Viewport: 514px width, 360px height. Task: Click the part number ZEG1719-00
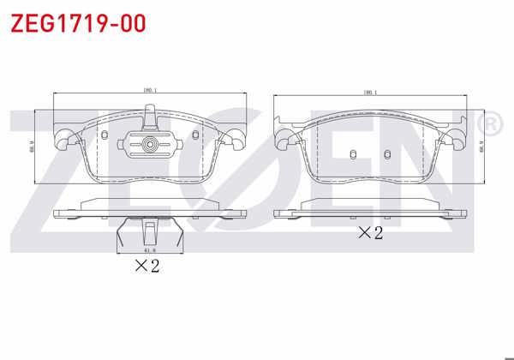pyautogui.click(x=78, y=23)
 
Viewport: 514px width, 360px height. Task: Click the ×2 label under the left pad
pyautogui.click(x=147, y=266)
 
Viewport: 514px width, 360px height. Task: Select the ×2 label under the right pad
pyautogui.click(x=370, y=232)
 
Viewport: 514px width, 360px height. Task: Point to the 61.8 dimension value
pyautogui.click(x=149, y=250)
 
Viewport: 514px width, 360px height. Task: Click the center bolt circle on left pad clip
pyautogui.click(x=150, y=145)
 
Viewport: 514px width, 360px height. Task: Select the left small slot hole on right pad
pyautogui.click(x=353, y=155)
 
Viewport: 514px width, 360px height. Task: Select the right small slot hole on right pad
pyautogui.click(x=387, y=155)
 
